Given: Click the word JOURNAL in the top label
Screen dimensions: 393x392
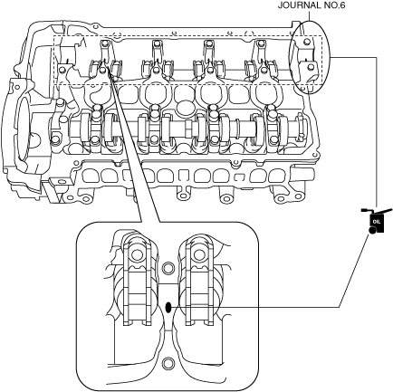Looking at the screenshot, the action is [298, 5].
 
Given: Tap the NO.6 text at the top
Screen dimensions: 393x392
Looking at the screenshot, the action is [333, 5].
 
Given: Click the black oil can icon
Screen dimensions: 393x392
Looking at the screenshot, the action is [377, 221].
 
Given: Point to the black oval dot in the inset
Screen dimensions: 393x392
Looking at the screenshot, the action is [168, 308].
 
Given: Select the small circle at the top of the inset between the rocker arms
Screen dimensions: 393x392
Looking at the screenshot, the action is [168, 268].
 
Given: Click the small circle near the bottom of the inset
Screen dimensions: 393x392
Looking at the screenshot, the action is [168, 364].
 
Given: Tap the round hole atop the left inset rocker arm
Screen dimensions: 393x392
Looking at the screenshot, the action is [138, 255].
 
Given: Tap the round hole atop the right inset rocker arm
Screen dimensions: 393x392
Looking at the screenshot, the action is [198, 255].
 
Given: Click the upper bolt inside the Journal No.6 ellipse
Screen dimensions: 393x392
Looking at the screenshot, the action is [306, 42].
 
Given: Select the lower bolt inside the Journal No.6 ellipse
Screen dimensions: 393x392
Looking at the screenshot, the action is [309, 67].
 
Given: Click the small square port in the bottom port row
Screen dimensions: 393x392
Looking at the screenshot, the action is [184, 176].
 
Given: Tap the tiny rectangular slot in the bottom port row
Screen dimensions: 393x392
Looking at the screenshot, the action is [239, 177].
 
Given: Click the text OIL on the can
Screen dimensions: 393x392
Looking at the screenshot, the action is [377, 222].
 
